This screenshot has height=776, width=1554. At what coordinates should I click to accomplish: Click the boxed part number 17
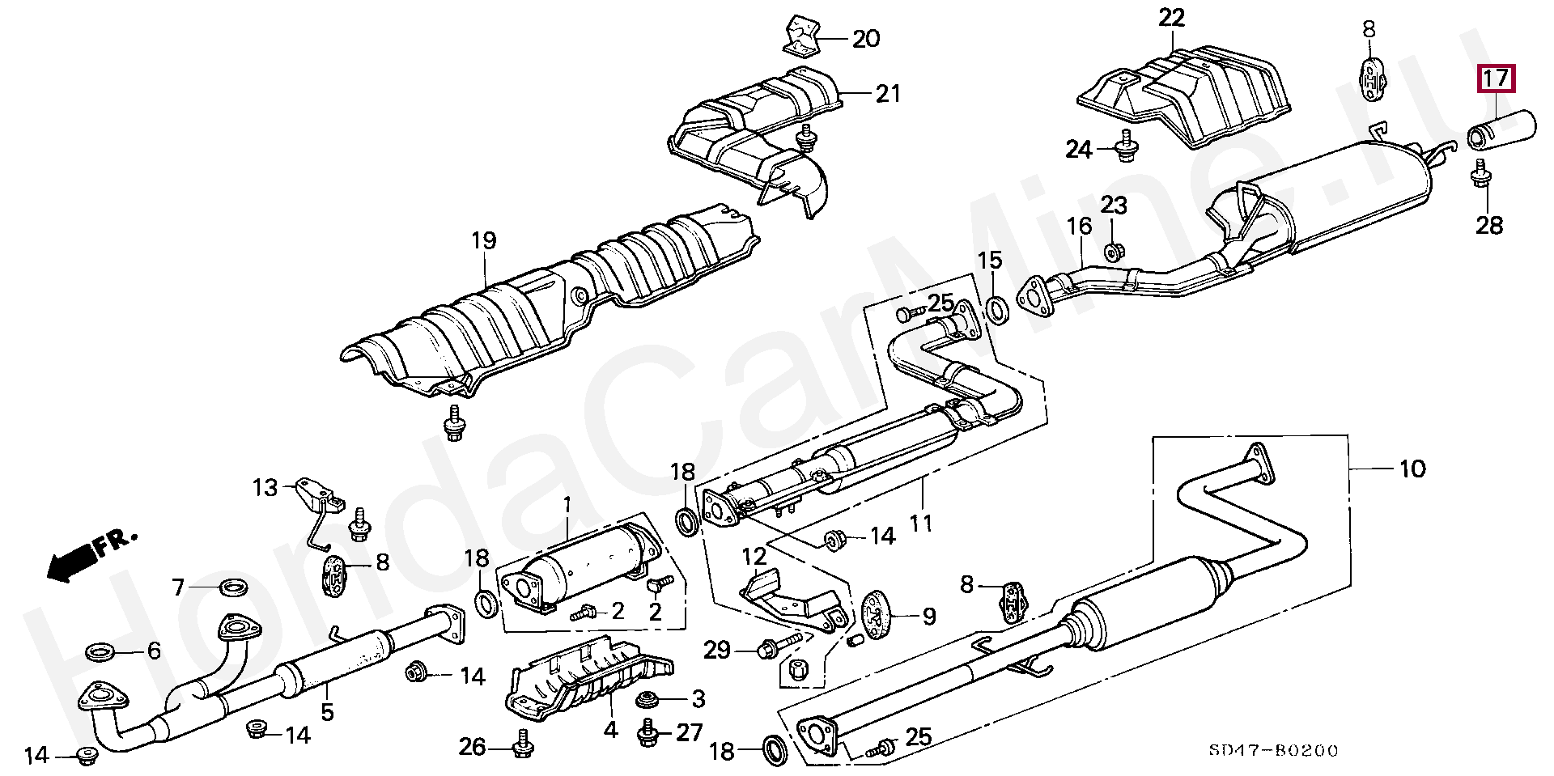pos(1496,78)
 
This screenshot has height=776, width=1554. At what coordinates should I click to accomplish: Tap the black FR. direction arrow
pos(70,561)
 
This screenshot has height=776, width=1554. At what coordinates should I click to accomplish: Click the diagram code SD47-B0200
pos(1273,750)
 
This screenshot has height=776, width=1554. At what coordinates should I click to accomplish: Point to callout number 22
pos(1171,18)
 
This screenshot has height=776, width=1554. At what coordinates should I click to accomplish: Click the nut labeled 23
pos(1113,252)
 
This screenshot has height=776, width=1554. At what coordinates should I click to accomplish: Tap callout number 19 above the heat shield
pos(483,240)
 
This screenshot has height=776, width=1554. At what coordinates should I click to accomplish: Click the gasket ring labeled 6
pos(100,650)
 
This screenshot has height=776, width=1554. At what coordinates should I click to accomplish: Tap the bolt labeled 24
pos(1125,148)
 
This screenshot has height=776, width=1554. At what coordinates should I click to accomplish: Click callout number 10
pos(1412,469)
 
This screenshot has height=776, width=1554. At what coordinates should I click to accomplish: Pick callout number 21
pos(887,94)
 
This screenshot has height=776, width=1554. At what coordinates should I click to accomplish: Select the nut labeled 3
pos(647,698)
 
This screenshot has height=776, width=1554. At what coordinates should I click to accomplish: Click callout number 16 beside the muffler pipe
pos(1079,226)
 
